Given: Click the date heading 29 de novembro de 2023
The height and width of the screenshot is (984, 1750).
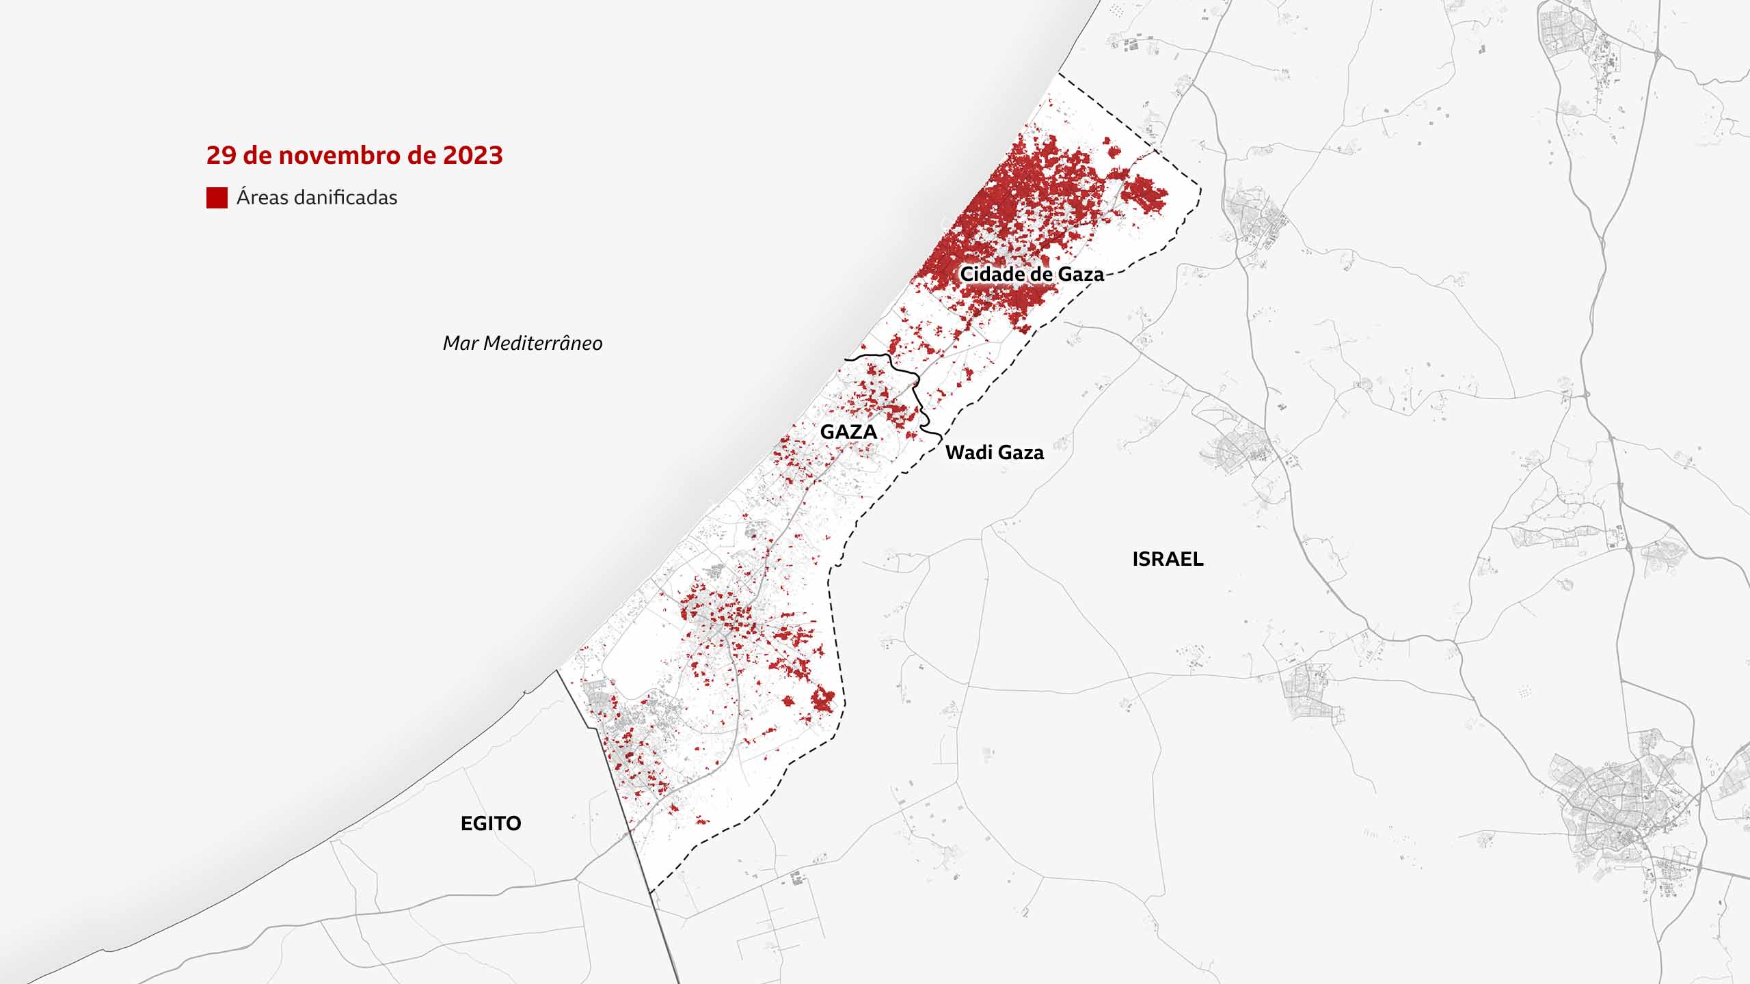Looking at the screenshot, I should (x=354, y=156).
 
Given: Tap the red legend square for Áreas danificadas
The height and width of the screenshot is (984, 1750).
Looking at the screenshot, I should (x=217, y=197).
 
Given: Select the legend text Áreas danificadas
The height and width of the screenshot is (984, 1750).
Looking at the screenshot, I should (x=317, y=197).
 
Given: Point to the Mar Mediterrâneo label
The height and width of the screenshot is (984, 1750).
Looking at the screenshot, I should (x=522, y=343).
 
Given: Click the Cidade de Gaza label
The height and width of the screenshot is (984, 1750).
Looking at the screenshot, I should (x=1032, y=274).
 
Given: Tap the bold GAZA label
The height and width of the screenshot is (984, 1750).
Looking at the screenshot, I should (x=848, y=432).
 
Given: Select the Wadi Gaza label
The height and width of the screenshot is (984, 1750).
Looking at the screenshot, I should (x=994, y=452).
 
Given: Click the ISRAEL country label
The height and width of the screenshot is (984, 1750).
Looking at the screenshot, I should (x=1168, y=559).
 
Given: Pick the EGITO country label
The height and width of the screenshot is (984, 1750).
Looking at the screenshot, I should (x=491, y=823).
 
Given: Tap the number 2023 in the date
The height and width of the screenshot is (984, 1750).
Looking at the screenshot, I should (x=472, y=156).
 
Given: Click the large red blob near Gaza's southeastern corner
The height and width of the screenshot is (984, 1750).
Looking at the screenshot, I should (x=824, y=700).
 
